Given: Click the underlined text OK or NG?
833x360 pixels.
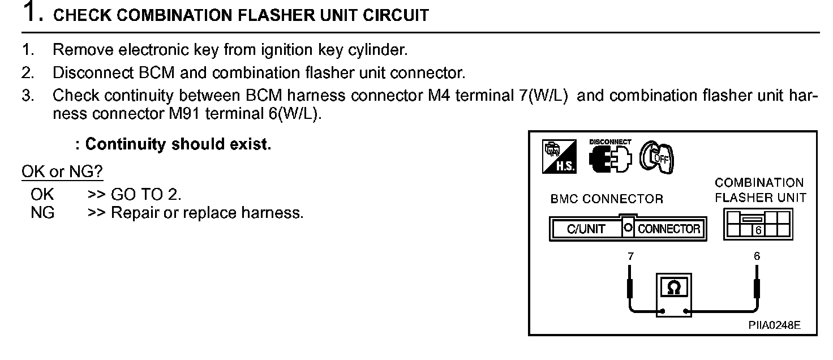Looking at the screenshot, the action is [62, 172].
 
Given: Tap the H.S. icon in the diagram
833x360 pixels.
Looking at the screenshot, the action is [559, 156].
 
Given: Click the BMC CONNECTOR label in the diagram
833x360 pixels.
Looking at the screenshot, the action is [606, 199].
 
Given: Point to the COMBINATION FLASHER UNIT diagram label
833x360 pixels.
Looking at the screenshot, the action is [759, 190].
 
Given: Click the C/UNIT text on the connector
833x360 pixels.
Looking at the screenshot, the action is [586, 229].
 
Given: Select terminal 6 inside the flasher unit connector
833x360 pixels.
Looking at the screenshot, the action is [757, 230].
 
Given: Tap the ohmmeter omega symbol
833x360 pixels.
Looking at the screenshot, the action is [673, 288].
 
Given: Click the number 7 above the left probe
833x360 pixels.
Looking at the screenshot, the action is [630, 256].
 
